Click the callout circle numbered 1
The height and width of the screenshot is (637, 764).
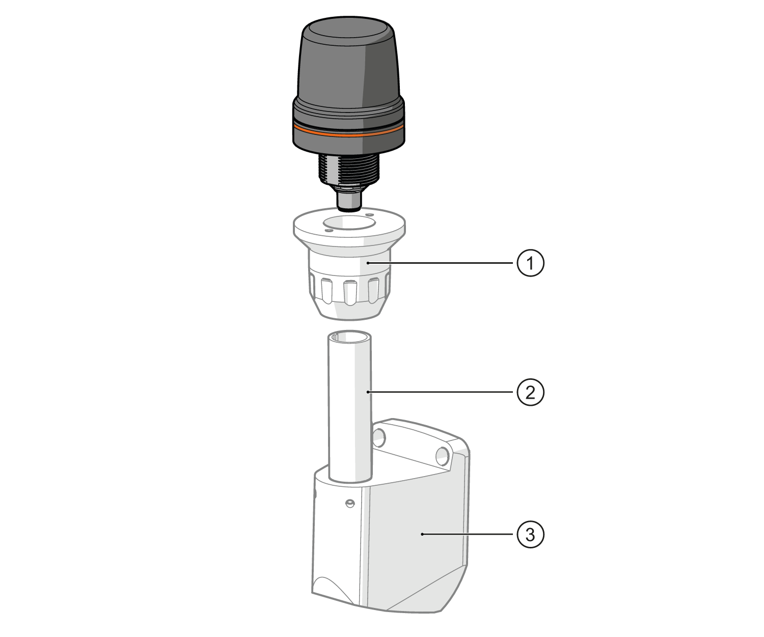point(531,263)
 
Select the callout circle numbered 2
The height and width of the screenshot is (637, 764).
point(531,392)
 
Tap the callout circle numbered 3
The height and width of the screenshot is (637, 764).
point(531,534)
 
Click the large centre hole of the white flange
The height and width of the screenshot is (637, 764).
point(348,223)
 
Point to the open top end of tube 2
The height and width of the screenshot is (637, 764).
point(349,337)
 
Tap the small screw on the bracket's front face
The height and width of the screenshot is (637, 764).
point(349,504)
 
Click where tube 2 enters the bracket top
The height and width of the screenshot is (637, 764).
point(349,478)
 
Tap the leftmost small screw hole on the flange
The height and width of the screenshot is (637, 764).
point(329,231)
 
